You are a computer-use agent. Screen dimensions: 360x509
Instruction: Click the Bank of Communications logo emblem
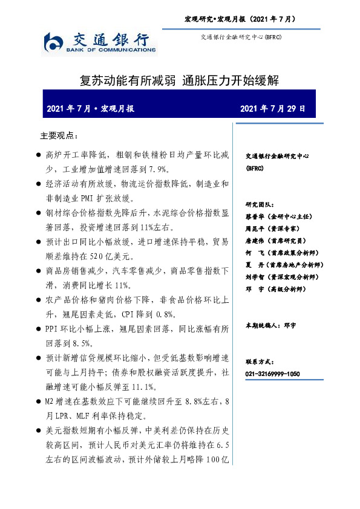coord(54,43)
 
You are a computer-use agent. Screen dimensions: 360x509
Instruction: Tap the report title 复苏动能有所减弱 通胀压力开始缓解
coord(179,80)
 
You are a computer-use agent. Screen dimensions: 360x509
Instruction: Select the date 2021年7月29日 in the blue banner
coord(273,109)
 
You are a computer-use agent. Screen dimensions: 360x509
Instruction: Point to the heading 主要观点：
coord(59,135)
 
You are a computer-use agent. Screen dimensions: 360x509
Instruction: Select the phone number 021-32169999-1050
coord(272,374)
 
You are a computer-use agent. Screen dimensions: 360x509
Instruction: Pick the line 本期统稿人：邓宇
coord(270,325)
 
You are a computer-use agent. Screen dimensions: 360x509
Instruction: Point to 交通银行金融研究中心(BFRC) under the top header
coord(241,37)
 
